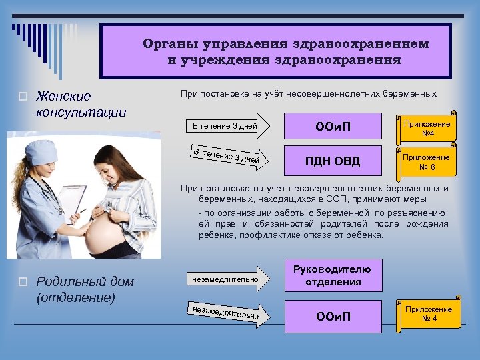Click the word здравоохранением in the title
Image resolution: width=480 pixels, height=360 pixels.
pos(363,44)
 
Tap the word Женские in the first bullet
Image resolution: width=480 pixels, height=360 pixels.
pos(63,97)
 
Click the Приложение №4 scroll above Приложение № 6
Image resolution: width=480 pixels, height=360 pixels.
pos(426,128)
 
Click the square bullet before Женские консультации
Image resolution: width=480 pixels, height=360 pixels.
pos(22,97)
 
